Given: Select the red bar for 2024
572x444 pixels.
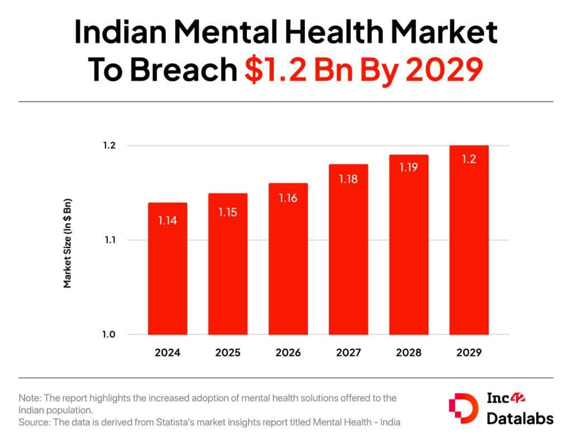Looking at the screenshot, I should point(167,269).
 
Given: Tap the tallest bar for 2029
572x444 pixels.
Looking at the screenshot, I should point(469,240).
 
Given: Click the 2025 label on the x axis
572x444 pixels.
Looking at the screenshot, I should point(227,353).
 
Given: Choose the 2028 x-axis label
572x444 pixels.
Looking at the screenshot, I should point(408,353).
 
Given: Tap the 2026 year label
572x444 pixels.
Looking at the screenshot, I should point(288,353).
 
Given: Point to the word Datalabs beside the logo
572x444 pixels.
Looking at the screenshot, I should point(520,418).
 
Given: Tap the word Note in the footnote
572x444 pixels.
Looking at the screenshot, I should point(29,398).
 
